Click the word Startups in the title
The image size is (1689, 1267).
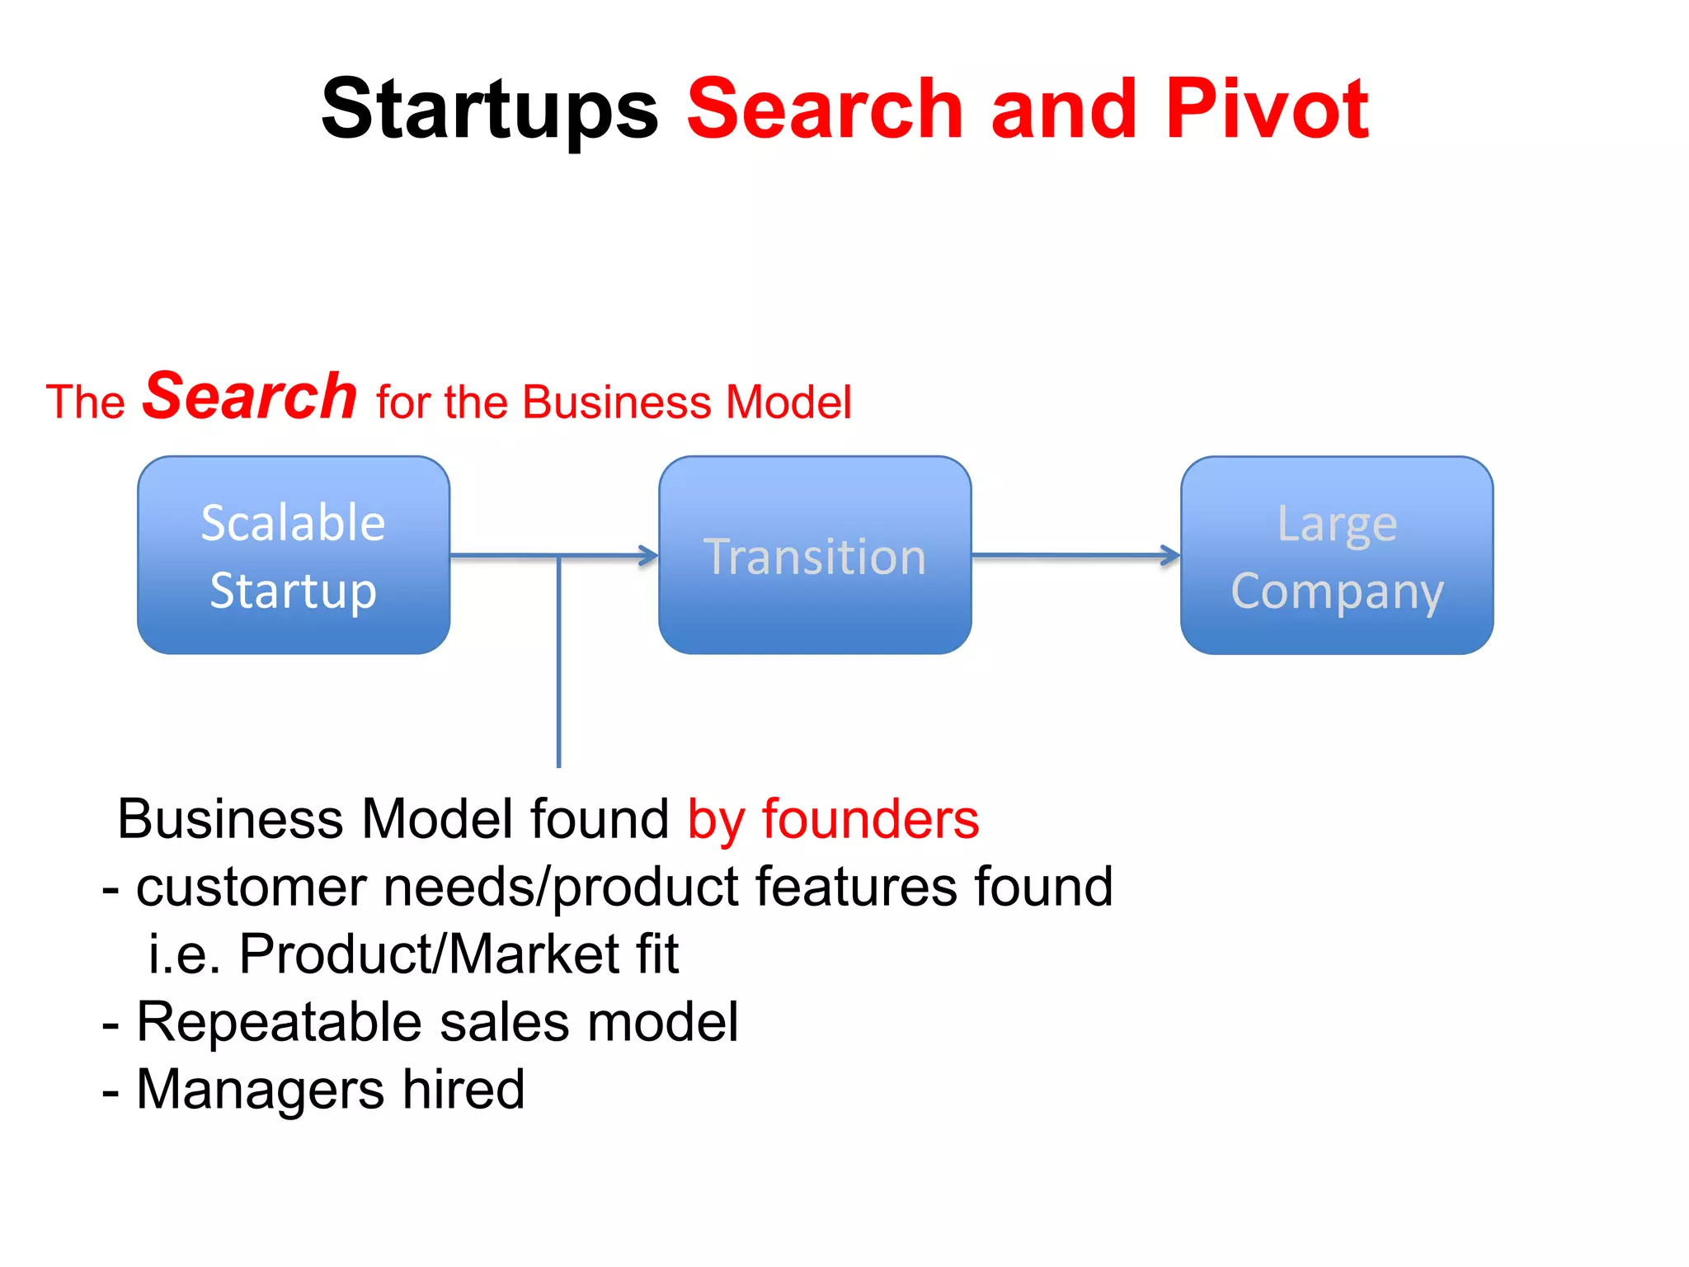(x=489, y=110)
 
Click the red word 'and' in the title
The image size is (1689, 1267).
(x=1063, y=108)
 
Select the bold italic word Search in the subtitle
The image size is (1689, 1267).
(x=250, y=397)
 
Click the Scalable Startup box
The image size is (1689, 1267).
(x=294, y=555)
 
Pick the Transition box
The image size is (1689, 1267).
(x=815, y=555)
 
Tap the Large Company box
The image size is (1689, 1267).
(x=1336, y=555)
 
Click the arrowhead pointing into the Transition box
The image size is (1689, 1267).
(x=649, y=556)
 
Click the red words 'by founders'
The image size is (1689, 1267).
(x=833, y=819)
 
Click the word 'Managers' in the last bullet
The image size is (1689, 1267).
(x=260, y=1090)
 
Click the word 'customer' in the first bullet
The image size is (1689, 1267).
(x=251, y=887)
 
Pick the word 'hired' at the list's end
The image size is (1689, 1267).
(x=463, y=1090)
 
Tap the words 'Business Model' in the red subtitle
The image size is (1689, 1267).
(x=687, y=403)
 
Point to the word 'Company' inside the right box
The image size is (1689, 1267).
(x=1337, y=592)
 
